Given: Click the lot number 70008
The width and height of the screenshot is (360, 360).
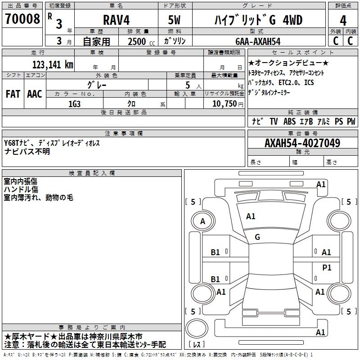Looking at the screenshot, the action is (x=22, y=19).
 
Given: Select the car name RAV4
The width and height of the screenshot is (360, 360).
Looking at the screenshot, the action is (x=116, y=20).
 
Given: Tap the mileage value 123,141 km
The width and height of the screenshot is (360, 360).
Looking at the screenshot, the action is (x=53, y=65).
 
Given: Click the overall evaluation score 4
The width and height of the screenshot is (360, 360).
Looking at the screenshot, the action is (x=343, y=21).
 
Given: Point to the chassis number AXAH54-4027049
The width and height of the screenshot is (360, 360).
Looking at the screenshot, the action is (x=302, y=143).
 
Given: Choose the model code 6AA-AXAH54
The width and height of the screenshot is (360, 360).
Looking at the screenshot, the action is (x=258, y=41).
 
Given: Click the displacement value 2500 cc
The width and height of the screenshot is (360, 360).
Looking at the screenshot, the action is (x=141, y=42).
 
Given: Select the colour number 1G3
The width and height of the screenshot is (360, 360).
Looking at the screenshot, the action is (x=74, y=104).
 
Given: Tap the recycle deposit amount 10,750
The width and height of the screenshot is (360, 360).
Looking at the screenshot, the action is (x=225, y=104).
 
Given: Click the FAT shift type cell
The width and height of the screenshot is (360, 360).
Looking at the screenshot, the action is (x=13, y=94).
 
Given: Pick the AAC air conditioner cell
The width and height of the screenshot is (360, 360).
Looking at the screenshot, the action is (x=35, y=94).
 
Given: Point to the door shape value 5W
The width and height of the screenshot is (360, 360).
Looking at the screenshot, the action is (x=174, y=20).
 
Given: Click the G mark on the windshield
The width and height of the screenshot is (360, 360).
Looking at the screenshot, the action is (x=257, y=237).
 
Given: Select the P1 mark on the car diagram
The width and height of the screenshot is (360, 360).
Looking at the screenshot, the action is (x=327, y=267).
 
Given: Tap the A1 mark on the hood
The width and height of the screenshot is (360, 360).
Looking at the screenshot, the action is (x=251, y=216).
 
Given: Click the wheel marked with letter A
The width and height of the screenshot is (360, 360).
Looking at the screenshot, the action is (x=203, y=221).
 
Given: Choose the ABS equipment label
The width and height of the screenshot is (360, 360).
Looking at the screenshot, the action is (x=289, y=121).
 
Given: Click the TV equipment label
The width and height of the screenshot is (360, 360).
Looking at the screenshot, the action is (x=274, y=121).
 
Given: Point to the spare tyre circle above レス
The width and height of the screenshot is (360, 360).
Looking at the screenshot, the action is (x=197, y=328).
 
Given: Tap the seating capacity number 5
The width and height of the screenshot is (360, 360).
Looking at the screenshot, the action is (x=188, y=85).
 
